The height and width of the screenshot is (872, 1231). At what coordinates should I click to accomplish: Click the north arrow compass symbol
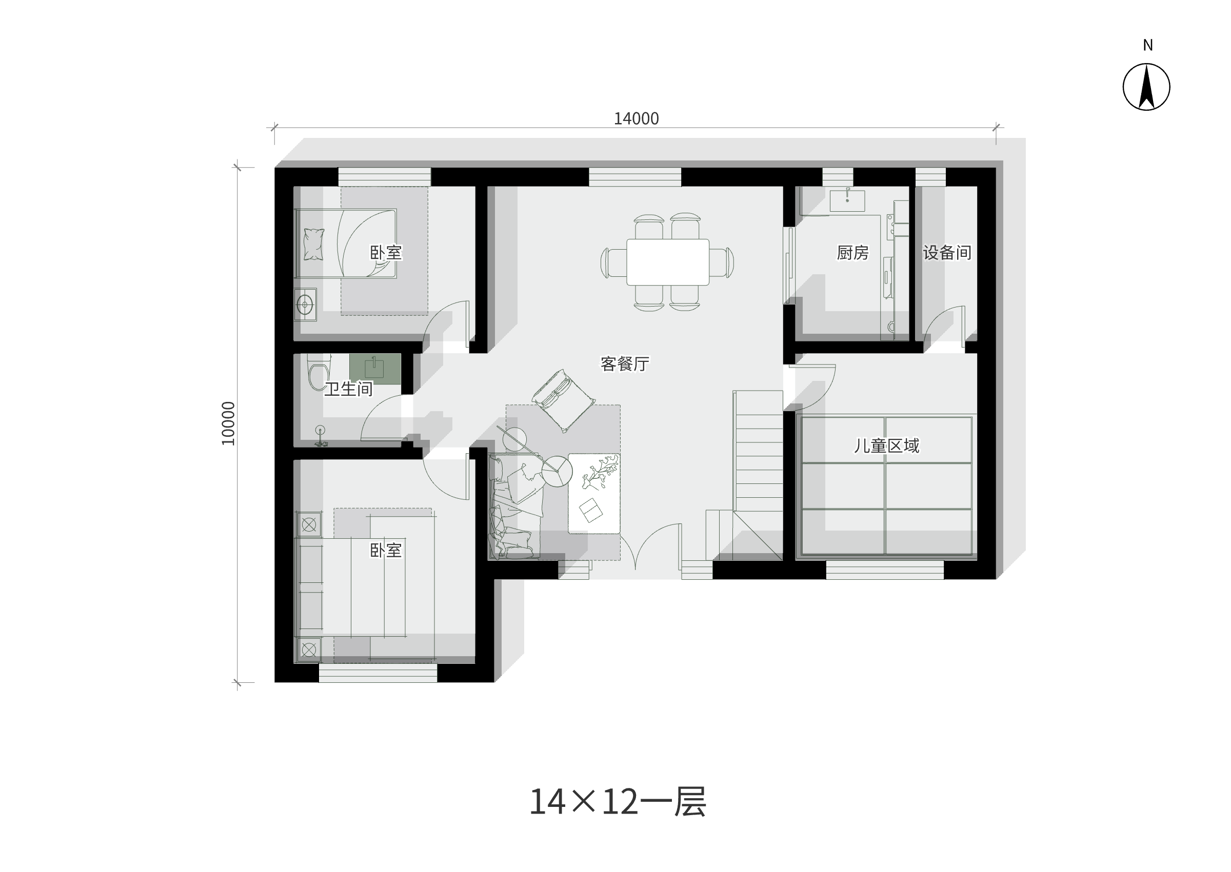click(1146, 87)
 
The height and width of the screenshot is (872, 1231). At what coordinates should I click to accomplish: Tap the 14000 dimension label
click(636, 118)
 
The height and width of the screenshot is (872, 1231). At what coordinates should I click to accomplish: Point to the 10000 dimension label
click(228, 423)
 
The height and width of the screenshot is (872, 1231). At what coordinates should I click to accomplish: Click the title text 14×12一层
click(618, 802)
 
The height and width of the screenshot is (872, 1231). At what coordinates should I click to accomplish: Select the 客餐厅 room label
click(625, 364)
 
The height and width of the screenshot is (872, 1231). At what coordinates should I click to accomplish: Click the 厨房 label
click(852, 252)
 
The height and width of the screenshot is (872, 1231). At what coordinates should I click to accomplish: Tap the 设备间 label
click(947, 252)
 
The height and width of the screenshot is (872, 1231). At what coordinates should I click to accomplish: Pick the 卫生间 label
click(349, 389)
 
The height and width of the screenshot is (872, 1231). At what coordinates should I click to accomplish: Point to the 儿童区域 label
click(886, 445)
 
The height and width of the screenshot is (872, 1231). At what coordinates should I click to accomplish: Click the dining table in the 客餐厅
click(668, 262)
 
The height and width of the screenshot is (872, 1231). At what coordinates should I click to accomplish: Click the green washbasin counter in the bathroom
click(375, 369)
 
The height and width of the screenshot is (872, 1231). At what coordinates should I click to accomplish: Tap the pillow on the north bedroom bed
click(314, 245)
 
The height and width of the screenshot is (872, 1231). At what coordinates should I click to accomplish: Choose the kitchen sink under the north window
click(847, 201)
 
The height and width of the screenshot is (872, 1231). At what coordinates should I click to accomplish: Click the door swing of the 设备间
click(944, 324)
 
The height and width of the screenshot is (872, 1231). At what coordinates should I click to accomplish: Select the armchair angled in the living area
click(563, 400)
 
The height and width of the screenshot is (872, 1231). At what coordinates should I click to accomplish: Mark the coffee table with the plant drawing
click(594, 494)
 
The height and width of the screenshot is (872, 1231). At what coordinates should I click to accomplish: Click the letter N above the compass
click(1148, 46)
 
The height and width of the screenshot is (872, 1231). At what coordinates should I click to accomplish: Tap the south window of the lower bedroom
click(378, 673)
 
